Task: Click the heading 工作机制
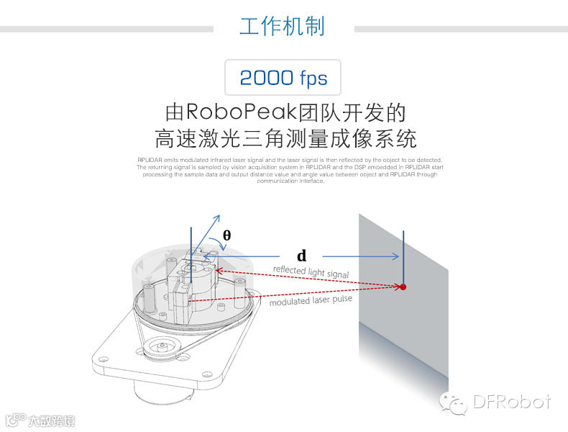coord(282,27)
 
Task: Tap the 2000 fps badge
coord(283,78)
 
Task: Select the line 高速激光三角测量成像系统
coord(285,138)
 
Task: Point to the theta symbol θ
coord(226,235)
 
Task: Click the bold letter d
coord(302,256)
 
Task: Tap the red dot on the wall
coord(403,287)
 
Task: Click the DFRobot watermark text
coord(512,402)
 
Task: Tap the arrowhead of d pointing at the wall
coord(395,256)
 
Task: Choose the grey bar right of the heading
coord(460,29)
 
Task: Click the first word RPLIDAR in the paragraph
coord(150,160)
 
